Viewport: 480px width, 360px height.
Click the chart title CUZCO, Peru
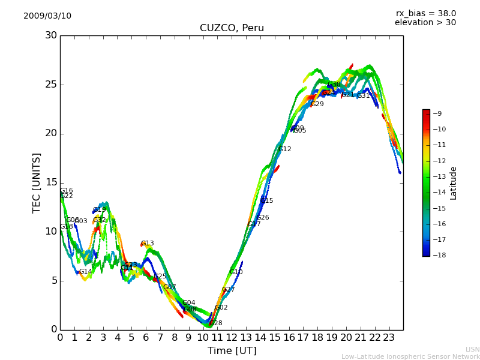(232, 28)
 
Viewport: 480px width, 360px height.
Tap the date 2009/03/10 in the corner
(47, 16)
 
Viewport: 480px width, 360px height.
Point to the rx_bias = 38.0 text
(425, 14)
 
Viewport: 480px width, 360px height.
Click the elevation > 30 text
(425, 23)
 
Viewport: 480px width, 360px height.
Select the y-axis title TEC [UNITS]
(37, 182)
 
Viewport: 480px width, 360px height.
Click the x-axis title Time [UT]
(232, 351)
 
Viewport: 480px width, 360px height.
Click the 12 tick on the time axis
(232, 337)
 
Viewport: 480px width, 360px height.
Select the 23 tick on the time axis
(389, 337)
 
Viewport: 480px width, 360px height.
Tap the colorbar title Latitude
(454, 183)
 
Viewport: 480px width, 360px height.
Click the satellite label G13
(148, 244)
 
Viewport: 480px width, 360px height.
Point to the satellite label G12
(284, 149)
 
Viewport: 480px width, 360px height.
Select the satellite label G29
(317, 104)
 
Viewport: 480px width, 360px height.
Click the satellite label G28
(215, 323)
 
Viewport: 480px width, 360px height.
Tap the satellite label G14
(86, 272)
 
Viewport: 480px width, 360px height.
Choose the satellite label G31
(364, 96)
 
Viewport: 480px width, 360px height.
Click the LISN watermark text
(472, 349)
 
